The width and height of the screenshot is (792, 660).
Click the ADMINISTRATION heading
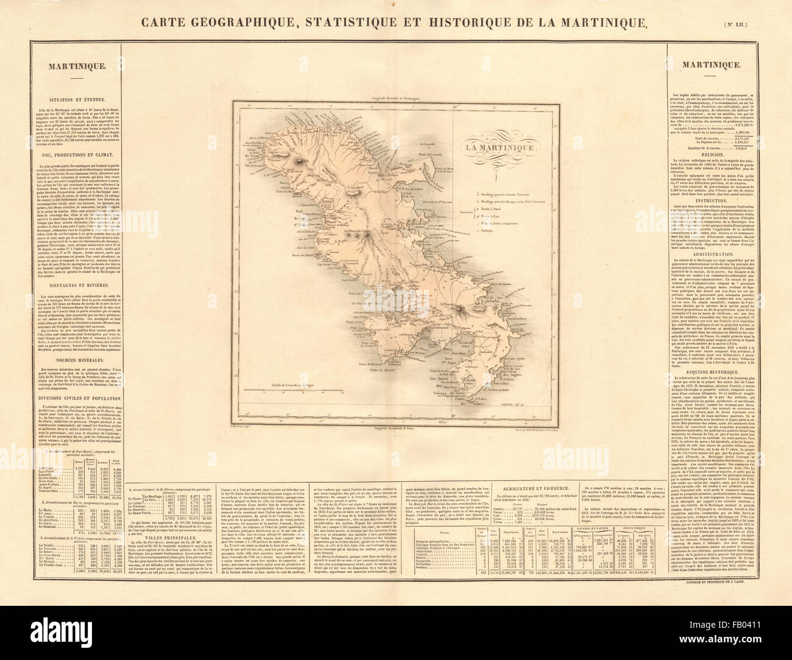coord(727,256)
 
